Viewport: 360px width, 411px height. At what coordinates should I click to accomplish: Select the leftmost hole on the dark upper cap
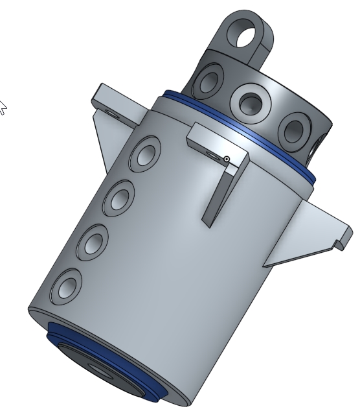209,82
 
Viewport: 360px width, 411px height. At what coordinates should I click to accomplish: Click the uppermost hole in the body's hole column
145,154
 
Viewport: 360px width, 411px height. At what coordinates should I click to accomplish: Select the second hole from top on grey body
119,197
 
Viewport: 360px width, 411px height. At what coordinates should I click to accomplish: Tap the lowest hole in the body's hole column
67,285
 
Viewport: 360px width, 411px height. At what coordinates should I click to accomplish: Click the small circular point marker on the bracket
227,159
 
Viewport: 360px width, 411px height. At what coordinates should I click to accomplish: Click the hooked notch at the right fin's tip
339,244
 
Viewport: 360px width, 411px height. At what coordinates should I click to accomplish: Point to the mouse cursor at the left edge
2,107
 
